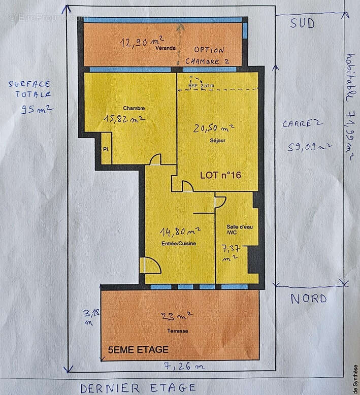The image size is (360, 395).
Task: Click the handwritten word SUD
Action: click(x=302, y=23)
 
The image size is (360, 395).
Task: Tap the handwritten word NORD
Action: click(x=308, y=298)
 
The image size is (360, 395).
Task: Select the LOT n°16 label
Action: click(x=220, y=175)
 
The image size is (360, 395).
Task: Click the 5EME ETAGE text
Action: click(x=138, y=349)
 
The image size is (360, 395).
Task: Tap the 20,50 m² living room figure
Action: click(x=213, y=128)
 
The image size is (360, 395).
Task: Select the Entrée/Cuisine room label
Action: click(x=179, y=244)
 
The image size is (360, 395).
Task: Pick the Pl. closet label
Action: click(x=106, y=150)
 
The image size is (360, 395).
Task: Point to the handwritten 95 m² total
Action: click(x=38, y=109)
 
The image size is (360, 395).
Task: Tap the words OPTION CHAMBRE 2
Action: click(x=207, y=55)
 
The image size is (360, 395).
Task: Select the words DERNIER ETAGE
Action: click(x=138, y=387)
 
